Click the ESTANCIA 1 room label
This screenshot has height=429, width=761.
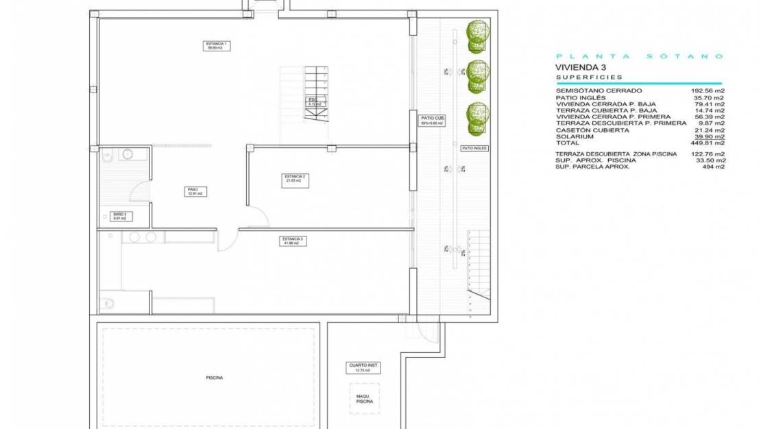[217, 46]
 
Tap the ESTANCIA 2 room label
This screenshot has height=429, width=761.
[295, 180]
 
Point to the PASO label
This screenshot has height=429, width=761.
[193, 192]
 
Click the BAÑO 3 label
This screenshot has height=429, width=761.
[120, 216]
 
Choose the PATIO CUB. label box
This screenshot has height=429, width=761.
[432, 121]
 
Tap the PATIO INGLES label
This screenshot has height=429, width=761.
[473, 148]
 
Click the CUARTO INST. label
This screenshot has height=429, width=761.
[363, 368]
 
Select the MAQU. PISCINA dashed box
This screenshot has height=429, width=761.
[364, 398]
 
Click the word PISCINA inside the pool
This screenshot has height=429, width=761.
[214, 378]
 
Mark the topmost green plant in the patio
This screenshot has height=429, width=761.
[478, 36]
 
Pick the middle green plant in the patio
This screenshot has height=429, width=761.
[478, 76]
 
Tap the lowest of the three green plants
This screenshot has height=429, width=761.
[478, 118]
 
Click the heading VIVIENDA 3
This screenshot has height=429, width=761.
[581, 67]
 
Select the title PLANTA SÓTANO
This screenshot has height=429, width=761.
[639, 56]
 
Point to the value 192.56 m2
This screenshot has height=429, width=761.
[708, 90]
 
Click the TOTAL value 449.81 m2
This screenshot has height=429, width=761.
[708, 143]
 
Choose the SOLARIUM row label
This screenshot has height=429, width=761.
[574, 136]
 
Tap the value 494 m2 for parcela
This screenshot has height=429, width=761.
[714, 167]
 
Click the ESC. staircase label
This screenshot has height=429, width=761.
[314, 101]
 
